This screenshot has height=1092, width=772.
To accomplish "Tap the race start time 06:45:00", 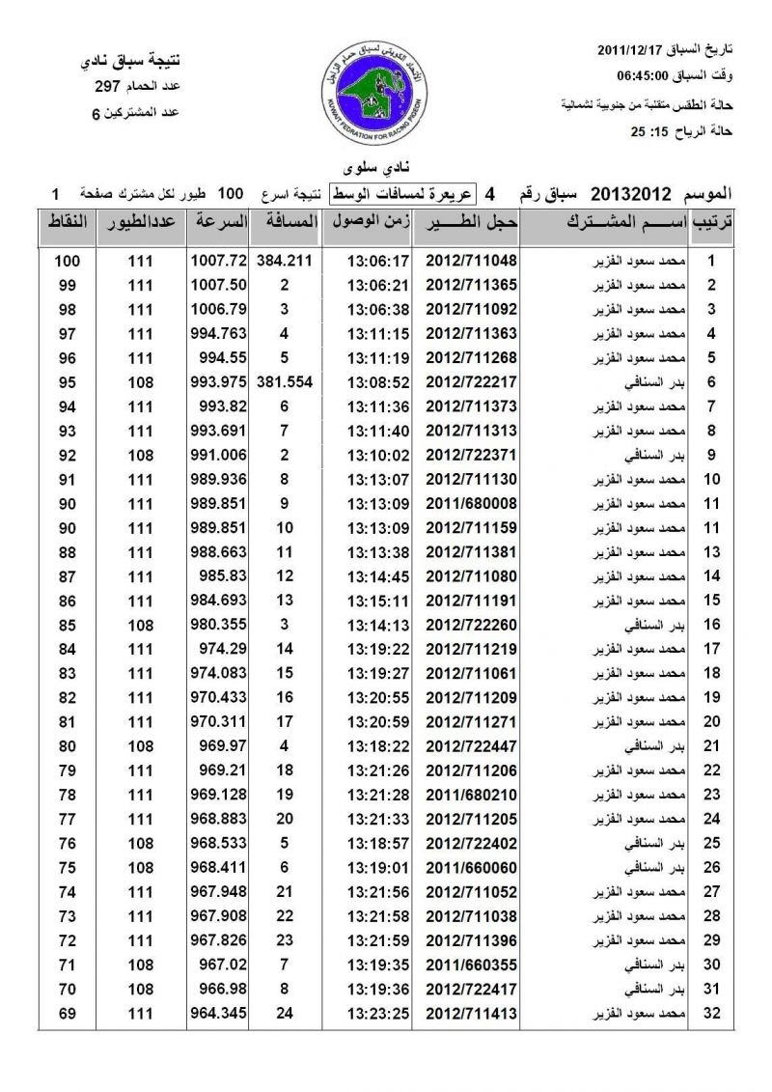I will (643, 75).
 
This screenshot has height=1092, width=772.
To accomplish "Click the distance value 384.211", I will (285, 261).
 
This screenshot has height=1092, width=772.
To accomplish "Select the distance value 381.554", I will (285, 381).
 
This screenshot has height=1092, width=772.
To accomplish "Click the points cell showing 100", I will (67, 261).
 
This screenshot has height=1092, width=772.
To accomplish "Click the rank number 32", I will (710, 1013).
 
